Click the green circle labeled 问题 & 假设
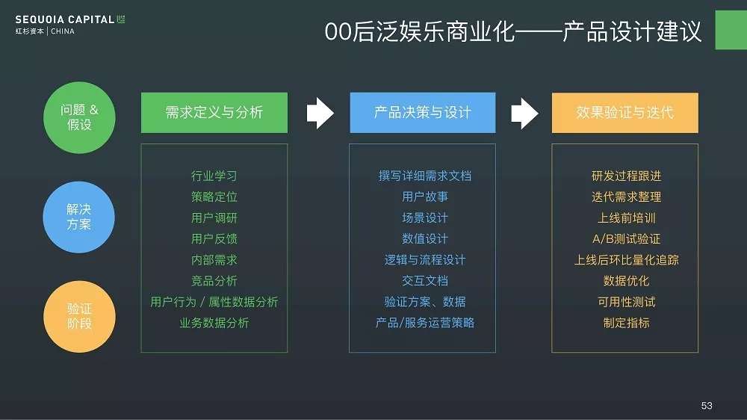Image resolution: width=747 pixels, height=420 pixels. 79,117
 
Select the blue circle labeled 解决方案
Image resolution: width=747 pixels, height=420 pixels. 79,217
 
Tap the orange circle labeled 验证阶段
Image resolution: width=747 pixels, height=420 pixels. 79,317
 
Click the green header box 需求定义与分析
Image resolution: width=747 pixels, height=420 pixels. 214,113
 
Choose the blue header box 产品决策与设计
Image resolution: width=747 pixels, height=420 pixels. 423,113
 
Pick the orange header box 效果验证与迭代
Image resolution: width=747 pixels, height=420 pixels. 625,113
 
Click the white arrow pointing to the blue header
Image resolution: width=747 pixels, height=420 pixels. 320,113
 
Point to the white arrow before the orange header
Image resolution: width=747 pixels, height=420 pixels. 524,113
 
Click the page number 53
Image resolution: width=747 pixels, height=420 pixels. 707,405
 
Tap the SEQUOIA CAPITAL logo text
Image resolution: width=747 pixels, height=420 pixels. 65,19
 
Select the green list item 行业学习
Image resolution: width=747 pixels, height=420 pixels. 214,176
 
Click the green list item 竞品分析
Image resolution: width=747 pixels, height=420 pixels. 214,281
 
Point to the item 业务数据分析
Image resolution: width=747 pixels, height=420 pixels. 214,323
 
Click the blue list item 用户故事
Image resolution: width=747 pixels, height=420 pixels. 425,197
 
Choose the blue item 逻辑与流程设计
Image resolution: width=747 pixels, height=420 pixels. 425,260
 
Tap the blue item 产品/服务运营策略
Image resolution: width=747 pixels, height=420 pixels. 425,323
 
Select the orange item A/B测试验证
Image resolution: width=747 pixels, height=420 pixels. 626,239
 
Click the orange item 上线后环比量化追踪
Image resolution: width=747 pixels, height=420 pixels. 626,260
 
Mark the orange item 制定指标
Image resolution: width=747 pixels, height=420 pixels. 626,323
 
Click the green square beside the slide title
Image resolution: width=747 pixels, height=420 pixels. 731,30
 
